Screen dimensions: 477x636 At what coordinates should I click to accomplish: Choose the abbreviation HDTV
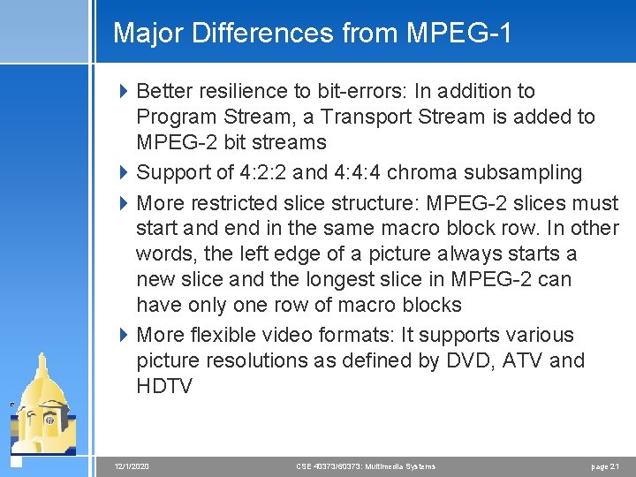[164, 386]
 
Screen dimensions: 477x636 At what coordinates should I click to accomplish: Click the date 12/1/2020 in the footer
[132, 466]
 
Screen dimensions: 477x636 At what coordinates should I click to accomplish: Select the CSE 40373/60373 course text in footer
[366, 466]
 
